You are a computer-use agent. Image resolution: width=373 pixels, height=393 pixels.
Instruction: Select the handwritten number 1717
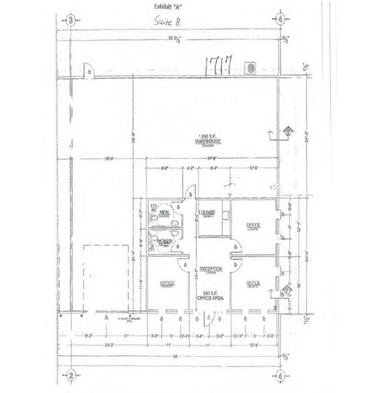coord(219,65)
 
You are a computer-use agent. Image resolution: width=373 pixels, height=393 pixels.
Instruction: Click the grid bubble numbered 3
coord(71,19)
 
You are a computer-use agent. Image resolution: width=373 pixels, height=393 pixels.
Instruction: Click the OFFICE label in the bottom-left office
coord(167,284)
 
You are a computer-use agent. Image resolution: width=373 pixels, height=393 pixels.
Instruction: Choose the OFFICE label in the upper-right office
coord(253,225)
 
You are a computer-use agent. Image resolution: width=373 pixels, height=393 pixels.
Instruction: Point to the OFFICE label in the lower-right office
coord(253,283)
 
